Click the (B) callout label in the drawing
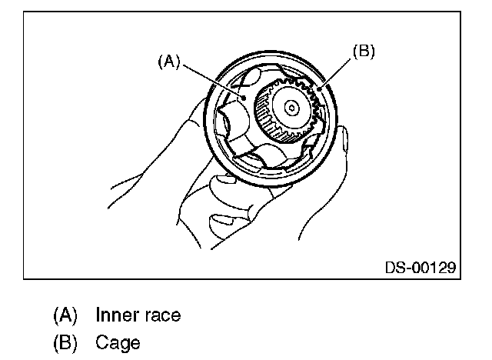tap(363, 52)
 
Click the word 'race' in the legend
tap(163, 315)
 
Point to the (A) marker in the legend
tap(65, 315)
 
